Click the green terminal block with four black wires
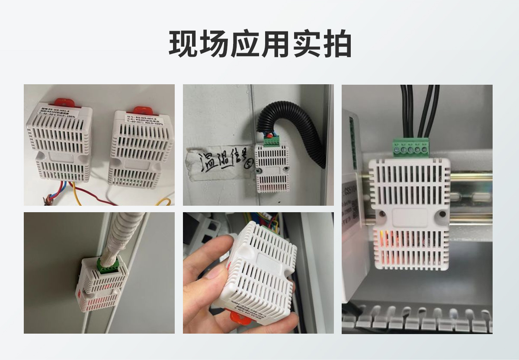[410, 148]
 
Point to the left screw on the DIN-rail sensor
[382, 213]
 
